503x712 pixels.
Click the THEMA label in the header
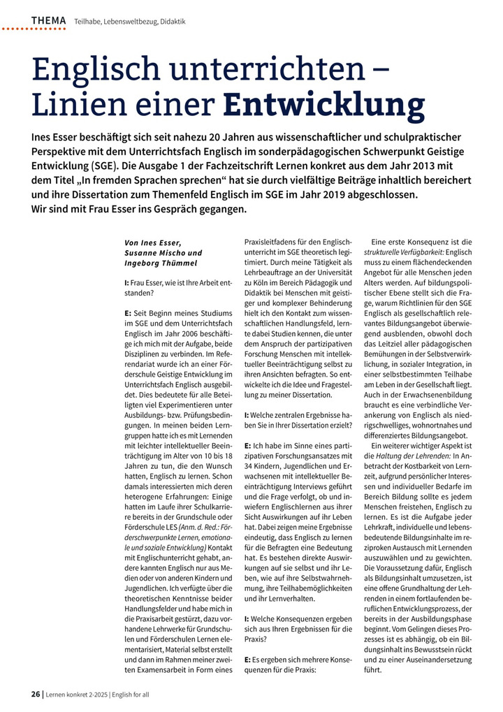48,21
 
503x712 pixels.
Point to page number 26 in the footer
35,694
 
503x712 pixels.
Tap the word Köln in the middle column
260,280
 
